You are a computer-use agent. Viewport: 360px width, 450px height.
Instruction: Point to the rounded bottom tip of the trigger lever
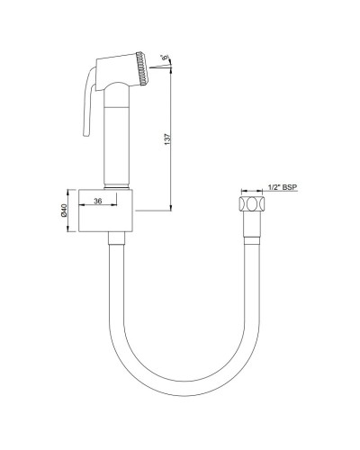85,137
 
